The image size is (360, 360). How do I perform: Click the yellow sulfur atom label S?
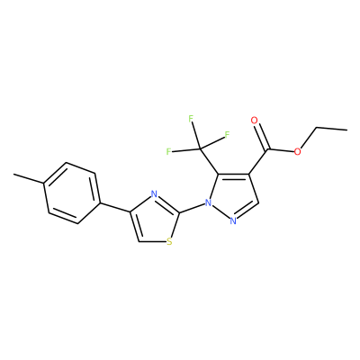click(x=169, y=241)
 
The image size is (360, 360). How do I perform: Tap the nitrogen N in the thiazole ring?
click(x=154, y=194)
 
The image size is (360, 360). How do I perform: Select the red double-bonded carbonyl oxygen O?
click(x=255, y=121)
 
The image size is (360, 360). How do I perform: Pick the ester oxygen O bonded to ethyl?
click(x=297, y=151)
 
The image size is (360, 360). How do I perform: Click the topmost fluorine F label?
click(x=191, y=119)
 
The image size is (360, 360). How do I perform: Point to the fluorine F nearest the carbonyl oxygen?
click(x=227, y=135)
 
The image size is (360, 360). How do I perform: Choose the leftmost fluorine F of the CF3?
click(x=169, y=151)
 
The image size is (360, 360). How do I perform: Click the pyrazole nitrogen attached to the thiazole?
click(x=208, y=203)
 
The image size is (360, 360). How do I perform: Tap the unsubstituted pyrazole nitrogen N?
click(x=233, y=221)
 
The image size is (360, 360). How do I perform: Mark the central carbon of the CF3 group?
click(x=200, y=148)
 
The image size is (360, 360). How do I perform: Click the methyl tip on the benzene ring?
click(x=13, y=174)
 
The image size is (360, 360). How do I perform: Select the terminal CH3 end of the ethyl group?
click(x=346, y=130)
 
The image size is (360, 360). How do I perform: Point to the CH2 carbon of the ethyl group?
click(x=317, y=128)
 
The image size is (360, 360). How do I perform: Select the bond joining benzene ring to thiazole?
click(x=114, y=208)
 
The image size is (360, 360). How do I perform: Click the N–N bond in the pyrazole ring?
click(x=220, y=212)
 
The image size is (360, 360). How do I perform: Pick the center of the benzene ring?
click(x=72, y=193)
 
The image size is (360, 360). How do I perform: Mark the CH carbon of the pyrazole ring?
click(x=258, y=203)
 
